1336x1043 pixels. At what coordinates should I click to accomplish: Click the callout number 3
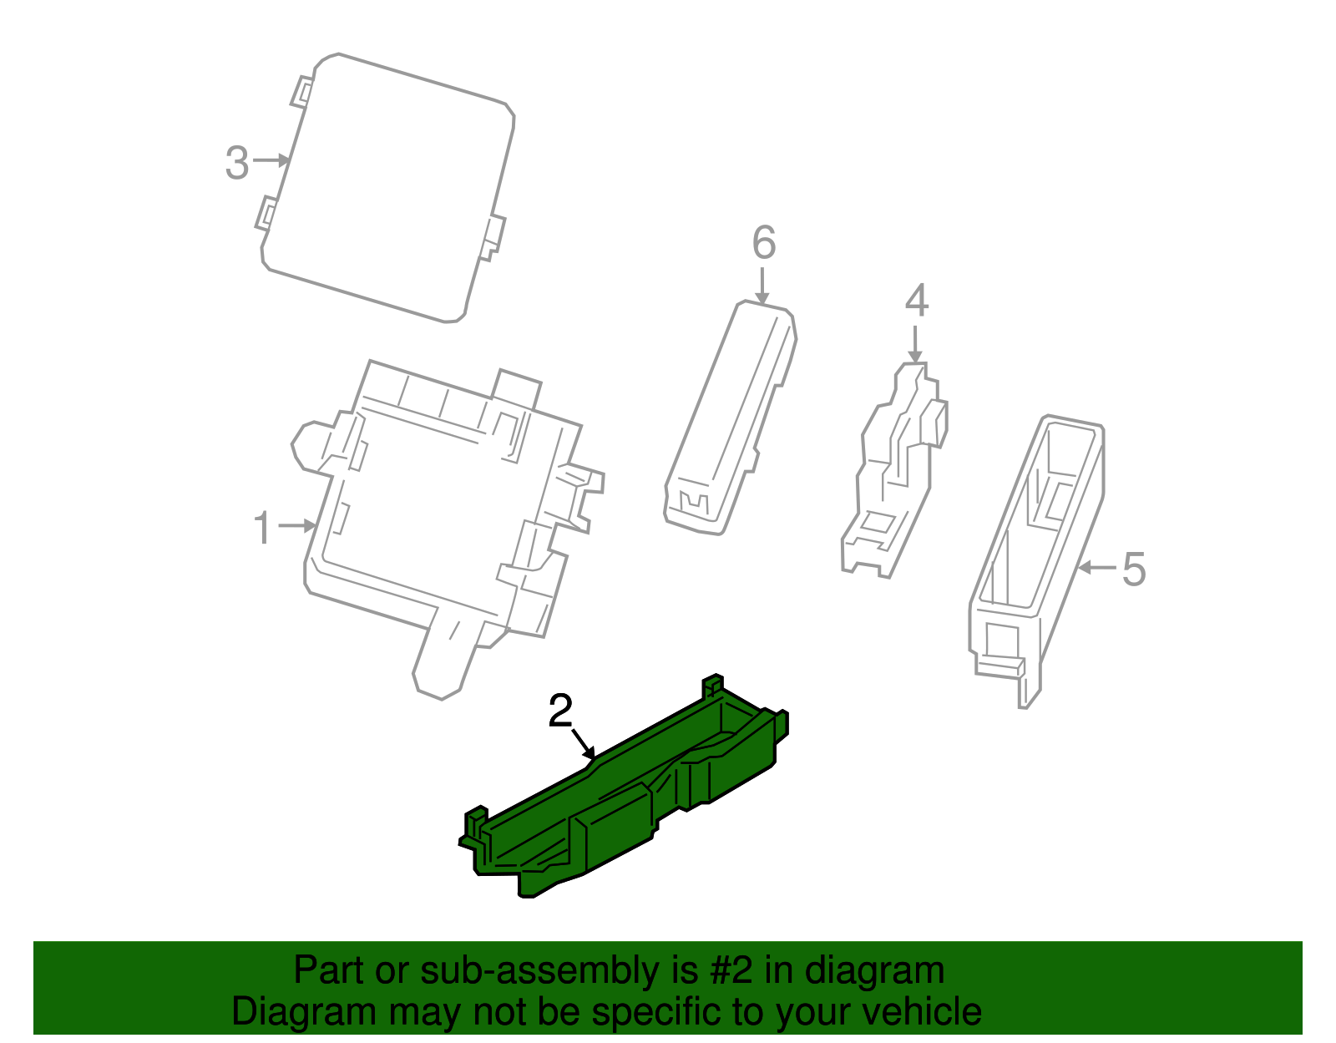pyautogui.click(x=237, y=164)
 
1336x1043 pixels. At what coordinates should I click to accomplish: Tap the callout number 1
pyautogui.click(x=263, y=529)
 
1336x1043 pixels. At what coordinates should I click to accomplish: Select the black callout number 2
pyautogui.click(x=560, y=711)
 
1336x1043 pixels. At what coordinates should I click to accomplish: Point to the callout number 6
pyautogui.click(x=764, y=243)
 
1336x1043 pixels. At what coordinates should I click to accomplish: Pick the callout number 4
pyautogui.click(x=917, y=301)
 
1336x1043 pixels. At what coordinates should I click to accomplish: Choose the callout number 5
pyautogui.click(x=1133, y=570)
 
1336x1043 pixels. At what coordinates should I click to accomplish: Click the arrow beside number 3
pyautogui.click(x=272, y=159)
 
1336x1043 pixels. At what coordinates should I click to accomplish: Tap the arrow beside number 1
pyautogui.click(x=297, y=525)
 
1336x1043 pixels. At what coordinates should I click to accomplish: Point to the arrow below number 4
pyautogui.click(x=916, y=343)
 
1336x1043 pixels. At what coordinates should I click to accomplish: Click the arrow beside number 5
pyautogui.click(x=1096, y=568)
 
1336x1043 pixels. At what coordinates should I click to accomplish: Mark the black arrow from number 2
pyautogui.click(x=583, y=742)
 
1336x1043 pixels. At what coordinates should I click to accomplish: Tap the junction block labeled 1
pyautogui.click(x=434, y=518)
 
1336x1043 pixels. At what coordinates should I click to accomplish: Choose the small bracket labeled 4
pyautogui.click(x=893, y=476)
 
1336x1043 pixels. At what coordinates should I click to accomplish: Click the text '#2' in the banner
pyautogui.click(x=731, y=971)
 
